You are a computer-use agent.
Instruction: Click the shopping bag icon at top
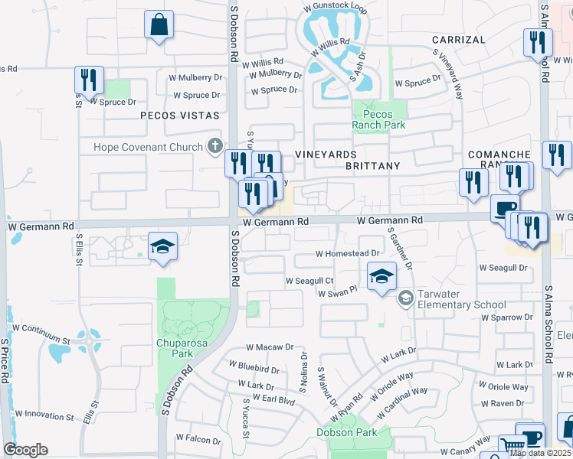click(159, 24)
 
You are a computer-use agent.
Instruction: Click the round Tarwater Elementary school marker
click(405, 298)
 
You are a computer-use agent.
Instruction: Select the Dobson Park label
click(346, 432)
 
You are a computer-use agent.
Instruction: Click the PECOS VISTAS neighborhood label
click(179, 116)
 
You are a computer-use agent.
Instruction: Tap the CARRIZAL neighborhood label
click(458, 39)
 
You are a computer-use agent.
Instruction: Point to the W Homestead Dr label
click(347, 253)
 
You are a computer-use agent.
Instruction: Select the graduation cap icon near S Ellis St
click(162, 246)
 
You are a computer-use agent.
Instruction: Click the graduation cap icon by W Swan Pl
click(381, 276)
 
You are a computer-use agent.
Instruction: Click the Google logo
click(25, 450)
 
